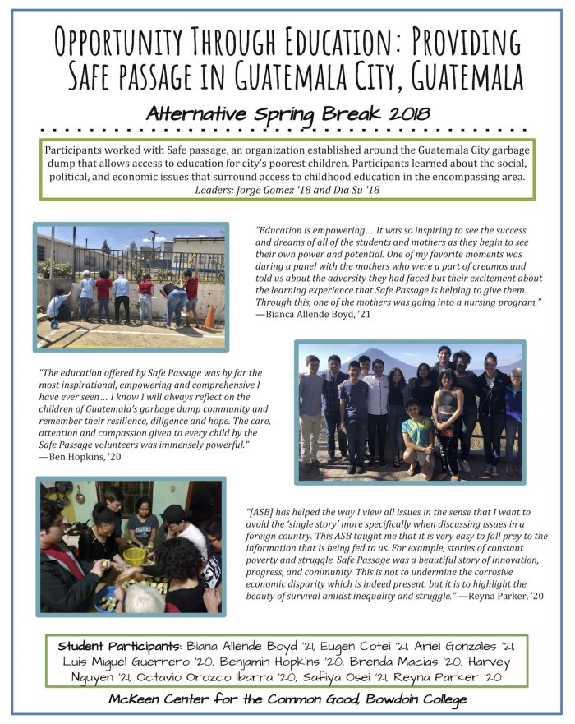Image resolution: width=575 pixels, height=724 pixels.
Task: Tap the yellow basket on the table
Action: click(x=136, y=556)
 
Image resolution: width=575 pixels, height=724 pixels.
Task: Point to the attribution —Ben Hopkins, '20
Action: click(x=80, y=457)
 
